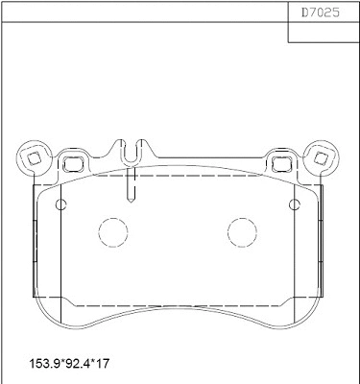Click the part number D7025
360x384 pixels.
pyautogui.click(x=324, y=14)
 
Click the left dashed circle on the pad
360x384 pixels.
pyautogui.click(x=113, y=231)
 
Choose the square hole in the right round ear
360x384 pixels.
pyautogui.click(x=322, y=156)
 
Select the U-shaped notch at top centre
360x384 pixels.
pyautogui.click(x=133, y=151)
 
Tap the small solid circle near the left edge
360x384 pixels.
pyautogui.click(x=60, y=204)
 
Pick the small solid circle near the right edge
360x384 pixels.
pyautogui.click(x=296, y=204)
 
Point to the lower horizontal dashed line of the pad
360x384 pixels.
pyautogui.click(x=178, y=305)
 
